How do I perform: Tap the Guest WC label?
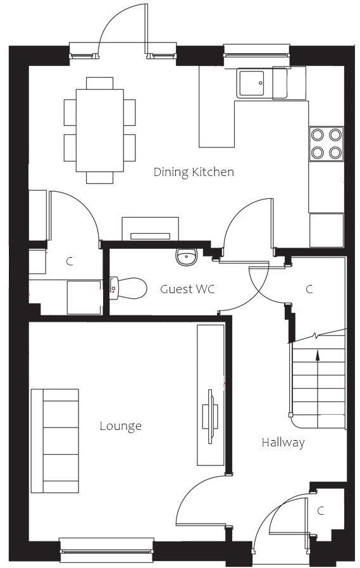pos(187,289)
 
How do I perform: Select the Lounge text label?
pos(120,426)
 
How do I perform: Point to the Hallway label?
pos(283,443)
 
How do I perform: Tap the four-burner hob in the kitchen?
pos(326,144)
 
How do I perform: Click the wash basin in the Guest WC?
pos(186,257)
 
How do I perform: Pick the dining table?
pos(99,130)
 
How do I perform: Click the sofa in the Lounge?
pos(55,441)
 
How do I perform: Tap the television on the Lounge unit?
pos(210,416)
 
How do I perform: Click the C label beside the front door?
pos(321,511)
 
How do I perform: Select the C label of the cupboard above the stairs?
pos(309,289)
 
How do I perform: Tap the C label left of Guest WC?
pos(70,261)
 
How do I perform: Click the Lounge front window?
pos(106,549)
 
